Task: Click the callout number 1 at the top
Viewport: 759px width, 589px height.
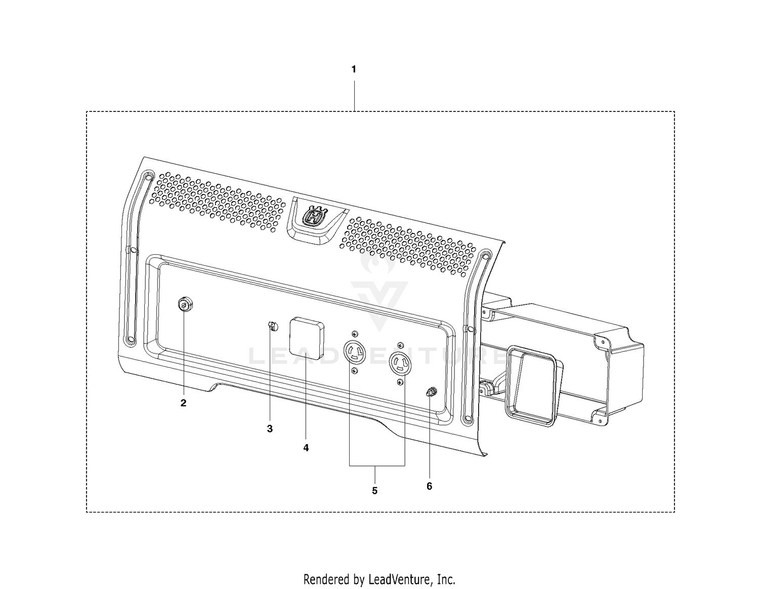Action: pos(354,69)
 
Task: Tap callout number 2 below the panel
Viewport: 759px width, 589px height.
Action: pos(183,403)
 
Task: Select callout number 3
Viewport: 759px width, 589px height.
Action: pos(270,429)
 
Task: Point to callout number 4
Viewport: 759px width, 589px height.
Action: pos(306,448)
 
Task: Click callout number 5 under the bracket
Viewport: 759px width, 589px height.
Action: pos(374,491)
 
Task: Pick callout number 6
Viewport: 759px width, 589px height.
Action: pos(429,486)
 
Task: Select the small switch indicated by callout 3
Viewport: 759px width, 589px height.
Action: pos(272,327)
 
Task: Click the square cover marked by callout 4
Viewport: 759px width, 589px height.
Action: pos(307,338)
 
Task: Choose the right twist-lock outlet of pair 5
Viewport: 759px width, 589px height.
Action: pos(400,364)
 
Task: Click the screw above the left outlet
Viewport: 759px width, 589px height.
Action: pos(355,333)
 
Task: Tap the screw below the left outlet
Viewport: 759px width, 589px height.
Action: pos(355,371)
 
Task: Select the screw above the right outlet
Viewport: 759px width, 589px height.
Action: pos(400,345)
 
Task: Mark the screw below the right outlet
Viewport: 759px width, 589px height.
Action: pos(401,382)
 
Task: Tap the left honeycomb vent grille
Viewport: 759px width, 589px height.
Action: pos(217,202)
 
